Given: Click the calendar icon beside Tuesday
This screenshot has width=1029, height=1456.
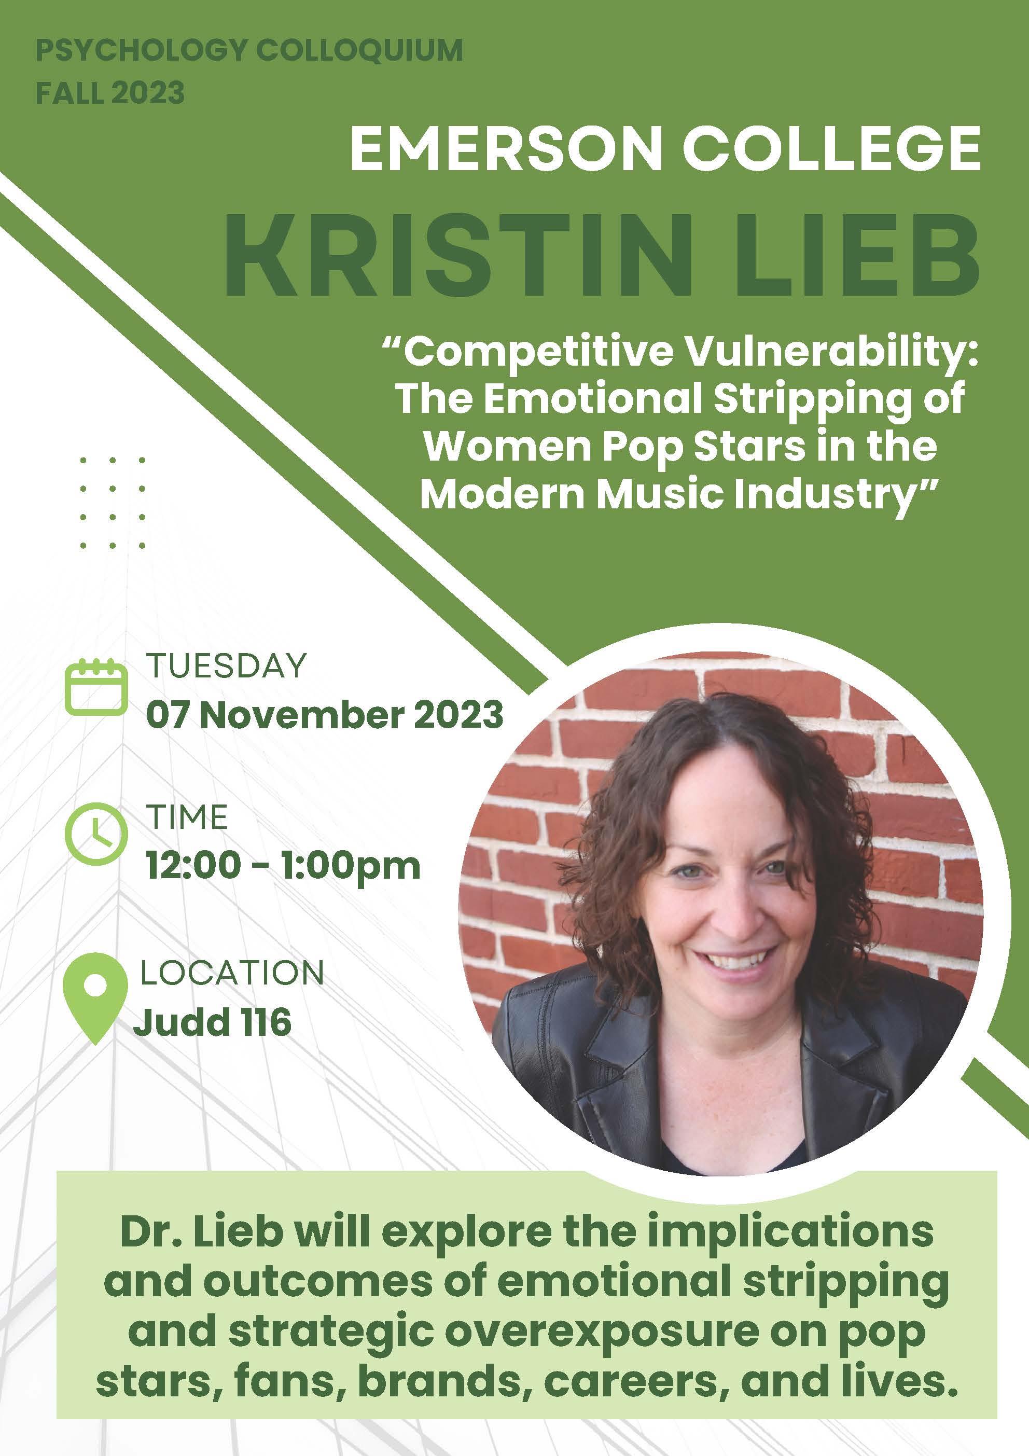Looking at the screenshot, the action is (96, 687).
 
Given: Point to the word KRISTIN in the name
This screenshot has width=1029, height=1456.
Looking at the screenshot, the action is (453, 254).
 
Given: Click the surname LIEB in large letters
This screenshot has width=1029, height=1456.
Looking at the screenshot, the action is (847, 254).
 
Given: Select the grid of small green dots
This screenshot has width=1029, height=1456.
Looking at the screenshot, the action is (112, 502).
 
